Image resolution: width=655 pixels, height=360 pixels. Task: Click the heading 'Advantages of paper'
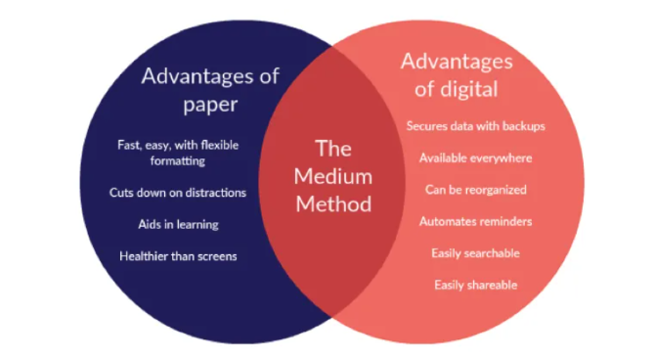point(210,90)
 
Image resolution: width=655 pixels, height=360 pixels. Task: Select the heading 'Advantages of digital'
point(457,75)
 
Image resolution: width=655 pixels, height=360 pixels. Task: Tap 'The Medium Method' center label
point(333,176)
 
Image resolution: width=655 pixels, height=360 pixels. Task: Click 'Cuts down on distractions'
point(178,193)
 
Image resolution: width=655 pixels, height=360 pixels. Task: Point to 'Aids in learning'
point(178,225)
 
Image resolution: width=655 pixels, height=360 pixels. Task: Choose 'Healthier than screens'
point(178,256)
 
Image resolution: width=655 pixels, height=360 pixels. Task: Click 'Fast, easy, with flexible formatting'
point(178,153)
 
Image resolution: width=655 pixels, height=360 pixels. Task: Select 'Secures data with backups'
point(476,126)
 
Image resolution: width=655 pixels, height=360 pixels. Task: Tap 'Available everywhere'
point(476,158)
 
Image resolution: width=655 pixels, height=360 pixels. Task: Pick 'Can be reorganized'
point(476,190)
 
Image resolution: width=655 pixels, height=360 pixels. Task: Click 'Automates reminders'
point(476,221)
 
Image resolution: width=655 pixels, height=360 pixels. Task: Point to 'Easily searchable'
point(476,253)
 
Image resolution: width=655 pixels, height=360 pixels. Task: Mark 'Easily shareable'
point(476,285)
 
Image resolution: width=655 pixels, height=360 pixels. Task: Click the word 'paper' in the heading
point(210,105)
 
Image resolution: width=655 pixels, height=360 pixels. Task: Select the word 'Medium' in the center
point(333,176)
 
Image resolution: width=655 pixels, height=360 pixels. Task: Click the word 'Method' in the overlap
point(333,204)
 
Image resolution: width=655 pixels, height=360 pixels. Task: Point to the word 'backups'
point(524,126)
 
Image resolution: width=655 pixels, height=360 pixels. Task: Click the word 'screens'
point(217,256)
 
